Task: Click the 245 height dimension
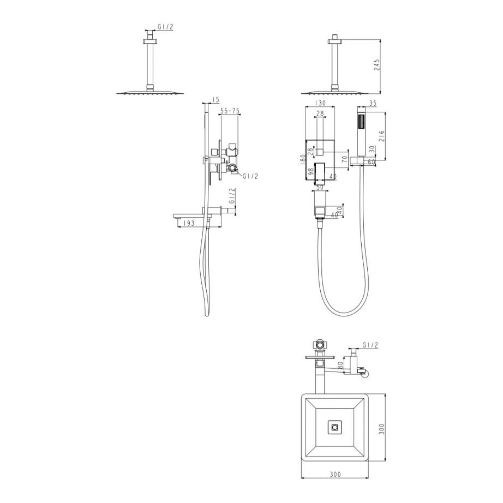pos(376,65)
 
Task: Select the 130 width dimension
pos(320,103)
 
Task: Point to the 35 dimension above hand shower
pos(373,103)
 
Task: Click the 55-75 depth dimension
pos(230,111)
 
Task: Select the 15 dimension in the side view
pos(215,100)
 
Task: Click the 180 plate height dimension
pos(302,160)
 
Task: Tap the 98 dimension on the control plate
pos(311,172)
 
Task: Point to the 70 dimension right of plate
pos(345,158)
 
